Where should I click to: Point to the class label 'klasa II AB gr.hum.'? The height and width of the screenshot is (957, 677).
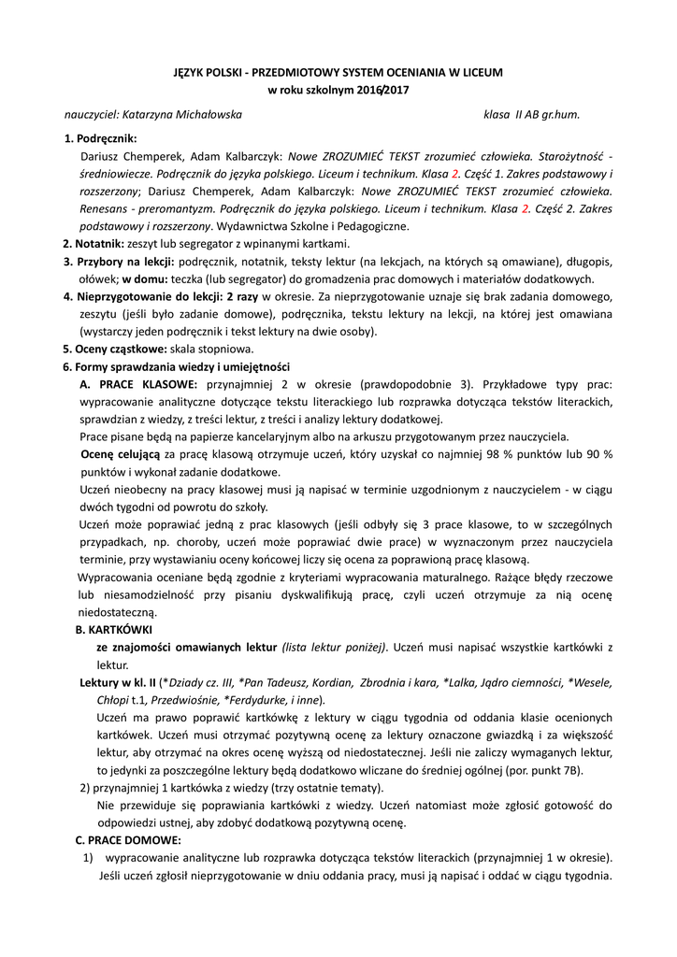[531, 115]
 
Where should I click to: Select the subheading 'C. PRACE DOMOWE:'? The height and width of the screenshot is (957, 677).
[128, 840]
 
